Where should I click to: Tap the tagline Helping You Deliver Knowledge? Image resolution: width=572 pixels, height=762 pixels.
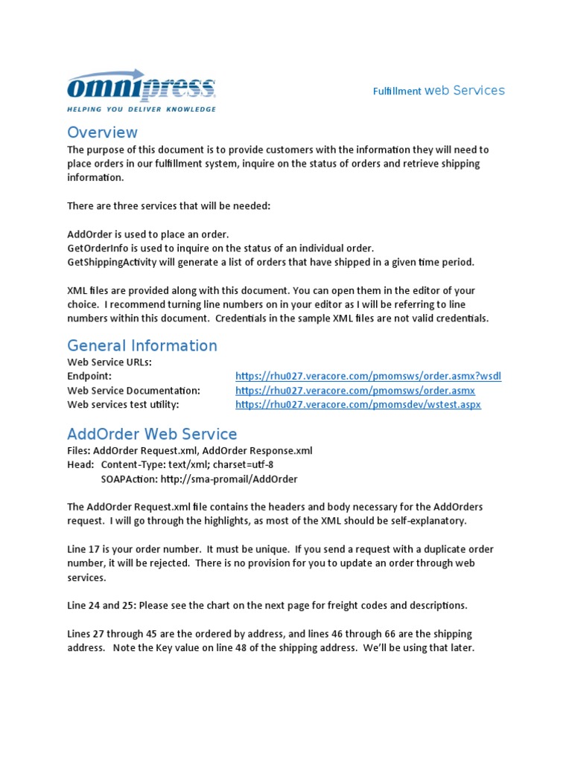pos(142,109)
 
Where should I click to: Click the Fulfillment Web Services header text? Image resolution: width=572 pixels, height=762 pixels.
pos(439,91)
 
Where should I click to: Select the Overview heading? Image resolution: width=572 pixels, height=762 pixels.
pos(102,132)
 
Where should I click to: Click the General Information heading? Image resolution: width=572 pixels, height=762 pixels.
pos(142,345)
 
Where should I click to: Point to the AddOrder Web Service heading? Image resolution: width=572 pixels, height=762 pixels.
pos(152,434)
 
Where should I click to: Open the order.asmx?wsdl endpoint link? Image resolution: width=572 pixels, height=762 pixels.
pos(368,377)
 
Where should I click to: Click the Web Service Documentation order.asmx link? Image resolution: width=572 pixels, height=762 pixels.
pos(355,391)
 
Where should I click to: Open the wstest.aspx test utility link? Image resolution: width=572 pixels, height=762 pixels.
pos(357,405)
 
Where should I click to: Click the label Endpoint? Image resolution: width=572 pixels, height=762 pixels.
pos(89,377)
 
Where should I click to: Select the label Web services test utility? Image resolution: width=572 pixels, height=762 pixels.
pos(123,405)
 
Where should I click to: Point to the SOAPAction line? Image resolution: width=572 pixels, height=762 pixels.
pos(199,478)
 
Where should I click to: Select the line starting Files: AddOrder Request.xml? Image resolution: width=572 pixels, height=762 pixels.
pos(190,450)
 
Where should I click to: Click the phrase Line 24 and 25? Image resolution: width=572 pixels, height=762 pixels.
pos(105,605)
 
